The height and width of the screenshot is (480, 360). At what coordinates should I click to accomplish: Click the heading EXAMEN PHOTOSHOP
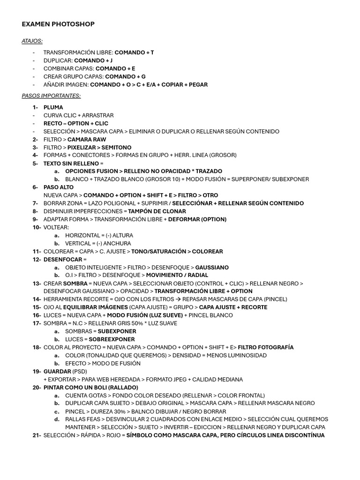(x=58, y=24)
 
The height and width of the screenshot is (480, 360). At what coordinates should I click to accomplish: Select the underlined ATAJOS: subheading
(x=32, y=41)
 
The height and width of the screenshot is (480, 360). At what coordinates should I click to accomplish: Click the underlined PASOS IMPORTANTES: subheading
(x=51, y=96)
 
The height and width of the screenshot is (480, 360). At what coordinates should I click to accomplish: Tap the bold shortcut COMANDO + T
(x=134, y=52)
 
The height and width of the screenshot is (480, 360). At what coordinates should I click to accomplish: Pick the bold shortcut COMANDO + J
(x=93, y=60)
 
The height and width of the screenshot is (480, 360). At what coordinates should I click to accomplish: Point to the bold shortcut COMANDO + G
(x=125, y=76)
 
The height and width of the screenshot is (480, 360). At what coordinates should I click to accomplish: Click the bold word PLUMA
(x=53, y=107)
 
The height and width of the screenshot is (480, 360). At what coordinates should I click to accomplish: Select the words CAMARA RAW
(x=87, y=139)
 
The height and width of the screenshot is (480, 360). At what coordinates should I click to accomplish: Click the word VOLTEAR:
(x=56, y=227)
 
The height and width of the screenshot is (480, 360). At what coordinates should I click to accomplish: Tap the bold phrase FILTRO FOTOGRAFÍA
(x=266, y=347)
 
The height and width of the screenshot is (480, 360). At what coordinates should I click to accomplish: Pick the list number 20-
(x=37, y=388)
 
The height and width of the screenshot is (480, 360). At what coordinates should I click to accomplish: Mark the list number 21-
(x=37, y=435)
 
